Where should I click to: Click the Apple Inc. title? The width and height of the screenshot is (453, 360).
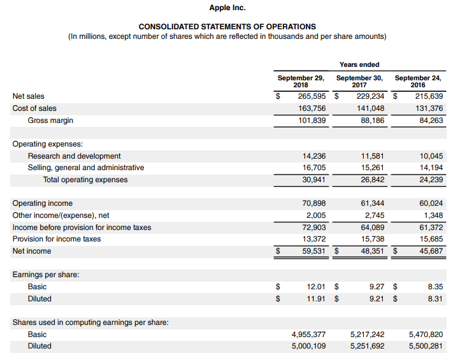[227, 8]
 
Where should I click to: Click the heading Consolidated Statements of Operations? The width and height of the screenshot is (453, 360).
[227, 27]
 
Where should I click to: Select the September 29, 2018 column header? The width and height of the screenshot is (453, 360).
[301, 81]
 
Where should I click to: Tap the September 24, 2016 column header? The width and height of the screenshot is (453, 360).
[418, 81]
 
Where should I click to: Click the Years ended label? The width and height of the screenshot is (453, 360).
[359, 64]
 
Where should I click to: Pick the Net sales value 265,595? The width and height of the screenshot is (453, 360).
[312, 96]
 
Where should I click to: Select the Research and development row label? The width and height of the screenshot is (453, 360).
[74, 156]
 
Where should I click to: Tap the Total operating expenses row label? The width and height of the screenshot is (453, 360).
[85, 180]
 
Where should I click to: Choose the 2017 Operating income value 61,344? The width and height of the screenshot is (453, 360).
[371, 203]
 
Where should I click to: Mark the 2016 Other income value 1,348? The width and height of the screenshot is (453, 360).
[432, 215]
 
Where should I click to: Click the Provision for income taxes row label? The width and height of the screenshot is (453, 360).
[57, 239]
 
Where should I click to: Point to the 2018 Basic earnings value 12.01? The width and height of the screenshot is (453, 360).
[316, 287]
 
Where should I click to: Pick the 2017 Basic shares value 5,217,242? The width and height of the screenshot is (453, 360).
[367, 334]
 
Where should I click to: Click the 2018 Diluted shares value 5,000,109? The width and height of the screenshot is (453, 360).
[308, 346]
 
